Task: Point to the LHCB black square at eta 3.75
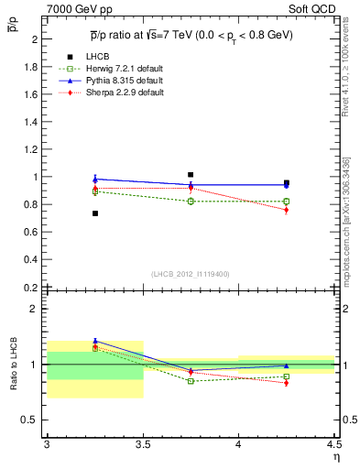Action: point(191,174)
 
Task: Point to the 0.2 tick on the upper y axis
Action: point(30,287)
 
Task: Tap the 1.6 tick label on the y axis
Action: point(30,94)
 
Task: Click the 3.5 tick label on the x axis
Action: point(142,444)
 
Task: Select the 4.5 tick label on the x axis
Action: point(333,444)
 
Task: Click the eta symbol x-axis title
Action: point(335,457)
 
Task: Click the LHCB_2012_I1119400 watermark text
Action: point(191,274)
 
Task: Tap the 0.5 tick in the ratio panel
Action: point(30,420)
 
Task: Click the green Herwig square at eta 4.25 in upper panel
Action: point(287,202)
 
